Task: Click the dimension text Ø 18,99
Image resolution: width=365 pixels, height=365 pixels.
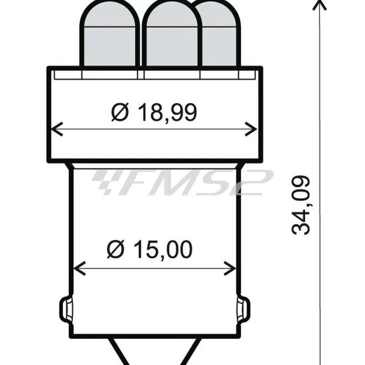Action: click(x=154, y=112)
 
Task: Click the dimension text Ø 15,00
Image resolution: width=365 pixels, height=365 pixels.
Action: click(x=150, y=250)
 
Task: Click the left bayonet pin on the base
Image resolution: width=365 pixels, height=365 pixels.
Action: click(x=65, y=310)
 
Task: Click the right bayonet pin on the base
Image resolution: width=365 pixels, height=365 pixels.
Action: click(x=244, y=310)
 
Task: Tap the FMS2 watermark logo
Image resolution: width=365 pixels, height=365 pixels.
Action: click(x=182, y=182)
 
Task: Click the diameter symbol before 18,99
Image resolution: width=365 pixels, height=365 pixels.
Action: click(x=120, y=112)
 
